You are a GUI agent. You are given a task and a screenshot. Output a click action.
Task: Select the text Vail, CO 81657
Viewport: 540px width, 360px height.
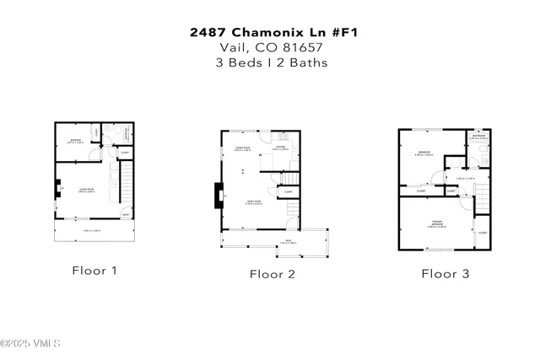pyautogui.click(x=270, y=48)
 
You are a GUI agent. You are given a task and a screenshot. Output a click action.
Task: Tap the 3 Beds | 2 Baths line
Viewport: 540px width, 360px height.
pyautogui.click(x=270, y=62)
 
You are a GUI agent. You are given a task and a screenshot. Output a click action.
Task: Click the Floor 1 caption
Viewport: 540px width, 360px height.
pyautogui.click(x=94, y=271)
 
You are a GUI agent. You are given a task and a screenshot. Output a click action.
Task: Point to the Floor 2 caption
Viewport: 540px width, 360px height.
pyautogui.click(x=271, y=273)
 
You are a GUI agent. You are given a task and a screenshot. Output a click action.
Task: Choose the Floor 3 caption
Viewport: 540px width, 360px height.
pyautogui.click(x=445, y=273)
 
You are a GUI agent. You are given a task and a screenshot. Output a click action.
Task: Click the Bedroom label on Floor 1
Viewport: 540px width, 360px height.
pyautogui.click(x=74, y=142)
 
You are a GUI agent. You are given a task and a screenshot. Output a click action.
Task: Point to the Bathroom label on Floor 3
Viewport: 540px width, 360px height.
pyautogui.click(x=478, y=137)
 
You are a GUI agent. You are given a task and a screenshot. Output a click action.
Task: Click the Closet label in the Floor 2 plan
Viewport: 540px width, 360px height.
pyautogui.click(x=288, y=191)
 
